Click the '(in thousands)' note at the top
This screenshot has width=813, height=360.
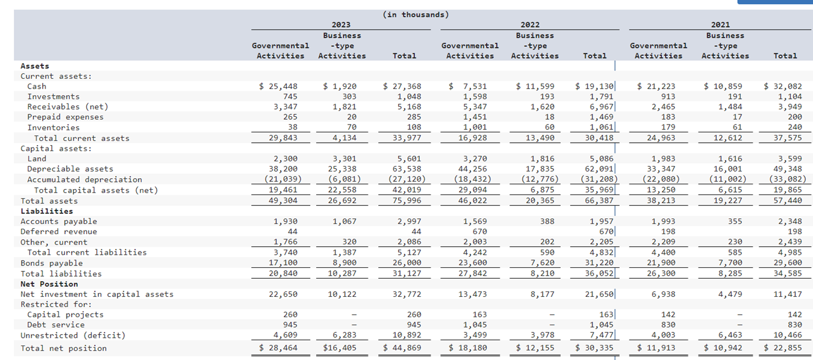[x=416, y=14]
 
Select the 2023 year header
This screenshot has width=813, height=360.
[x=341, y=25]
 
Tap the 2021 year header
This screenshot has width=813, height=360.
[x=720, y=25]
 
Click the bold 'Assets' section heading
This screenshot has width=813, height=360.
[x=35, y=66]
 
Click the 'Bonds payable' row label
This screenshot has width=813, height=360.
[x=52, y=263]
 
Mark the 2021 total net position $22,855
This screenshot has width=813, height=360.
[x=783, y=348]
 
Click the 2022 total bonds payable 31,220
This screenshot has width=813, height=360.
[x=597, y=263]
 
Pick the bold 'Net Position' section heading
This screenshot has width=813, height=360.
[x=49, y=284]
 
